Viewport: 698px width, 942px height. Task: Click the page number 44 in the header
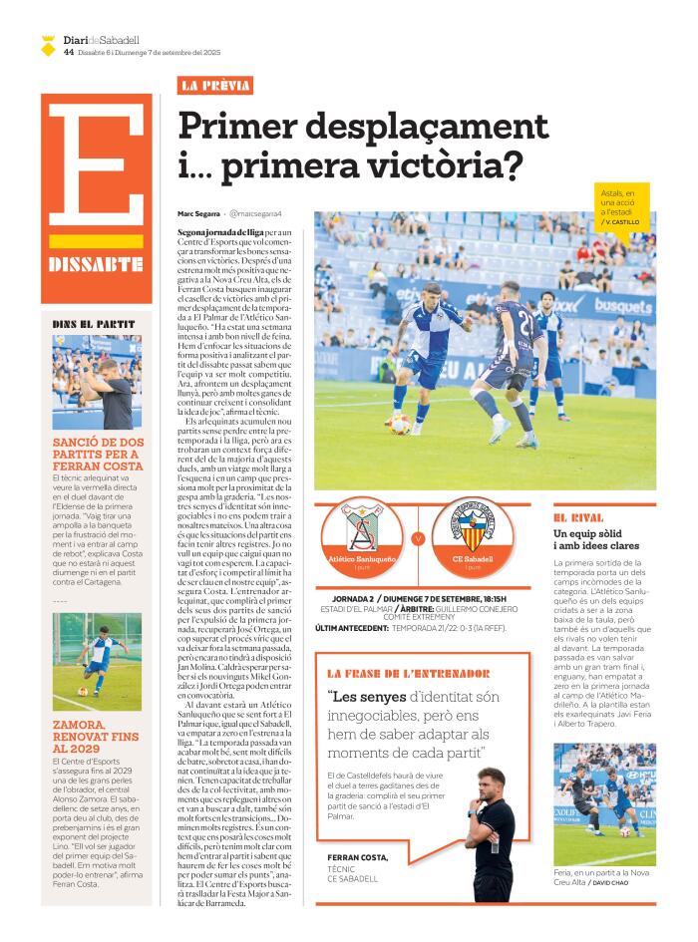point(68,52)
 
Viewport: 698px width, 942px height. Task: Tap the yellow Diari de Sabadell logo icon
point(48,45)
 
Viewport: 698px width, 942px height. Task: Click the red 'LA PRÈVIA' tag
point(214,86)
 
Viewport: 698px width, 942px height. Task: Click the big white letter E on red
point(97,165)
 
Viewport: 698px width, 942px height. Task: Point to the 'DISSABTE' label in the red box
point(96,264)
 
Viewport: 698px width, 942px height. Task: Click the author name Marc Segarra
point(198,214)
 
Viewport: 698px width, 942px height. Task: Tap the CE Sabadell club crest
point(473,525)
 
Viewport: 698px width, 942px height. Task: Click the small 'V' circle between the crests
point(418,538)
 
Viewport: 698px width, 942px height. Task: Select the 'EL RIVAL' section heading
point(578,518)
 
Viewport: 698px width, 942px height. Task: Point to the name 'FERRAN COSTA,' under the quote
point(358,857)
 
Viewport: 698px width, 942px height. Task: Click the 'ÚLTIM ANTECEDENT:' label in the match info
point(351,628)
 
